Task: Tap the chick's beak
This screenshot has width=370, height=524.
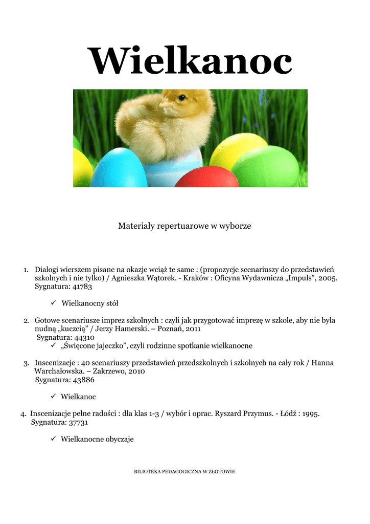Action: (x=164, y=105)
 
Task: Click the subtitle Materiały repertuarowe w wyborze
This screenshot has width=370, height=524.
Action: (x=184, y=225)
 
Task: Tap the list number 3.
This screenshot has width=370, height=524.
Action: (x=26, y=363)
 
